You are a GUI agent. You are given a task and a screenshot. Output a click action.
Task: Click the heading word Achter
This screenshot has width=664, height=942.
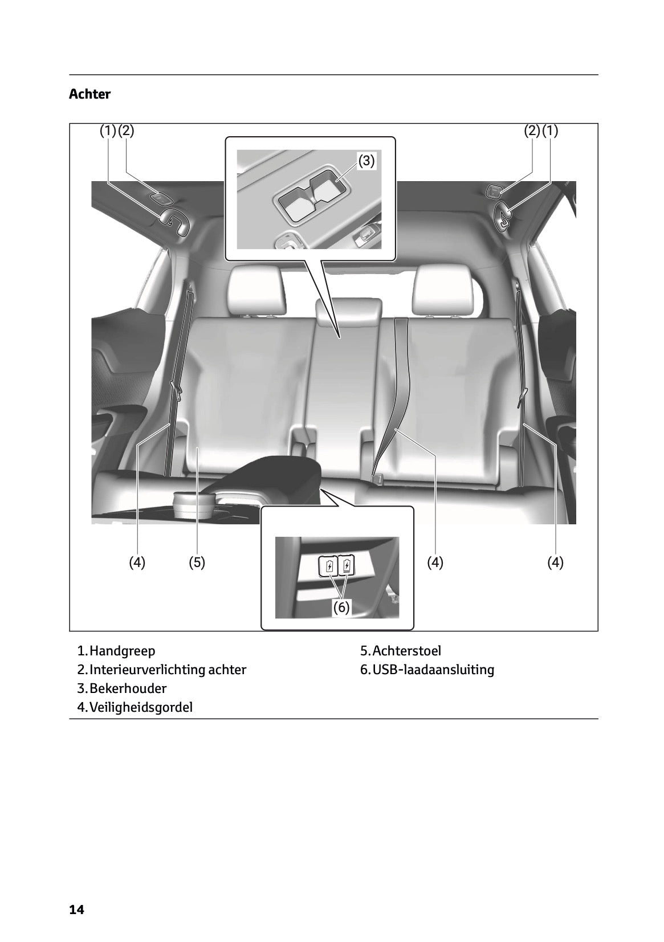pos(89,94)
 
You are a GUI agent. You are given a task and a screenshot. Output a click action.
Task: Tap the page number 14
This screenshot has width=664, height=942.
pos(76,910)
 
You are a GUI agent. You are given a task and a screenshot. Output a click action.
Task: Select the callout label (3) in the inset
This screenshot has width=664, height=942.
pos(366,161)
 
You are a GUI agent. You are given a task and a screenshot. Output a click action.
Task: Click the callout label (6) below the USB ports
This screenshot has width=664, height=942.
pos(341,607)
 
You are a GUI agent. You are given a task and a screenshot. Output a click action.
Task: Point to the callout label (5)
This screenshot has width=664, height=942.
pos(197,562)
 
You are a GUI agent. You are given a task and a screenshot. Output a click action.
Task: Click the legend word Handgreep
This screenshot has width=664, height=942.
pos(122,650)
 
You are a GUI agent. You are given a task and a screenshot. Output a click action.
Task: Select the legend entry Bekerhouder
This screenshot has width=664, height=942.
pos(128,688)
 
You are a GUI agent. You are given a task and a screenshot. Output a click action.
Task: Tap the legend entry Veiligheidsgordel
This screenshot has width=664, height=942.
pos(141,707)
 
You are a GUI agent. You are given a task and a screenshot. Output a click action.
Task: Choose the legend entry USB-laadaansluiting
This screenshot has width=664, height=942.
pos(433,669)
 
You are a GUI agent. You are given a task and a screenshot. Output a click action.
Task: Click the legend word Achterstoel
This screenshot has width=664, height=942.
pos(406,650)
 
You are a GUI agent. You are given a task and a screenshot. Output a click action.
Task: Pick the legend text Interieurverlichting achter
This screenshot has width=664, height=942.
pos(168,669)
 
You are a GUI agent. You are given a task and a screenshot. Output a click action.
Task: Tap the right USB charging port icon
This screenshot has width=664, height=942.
pos(347,566)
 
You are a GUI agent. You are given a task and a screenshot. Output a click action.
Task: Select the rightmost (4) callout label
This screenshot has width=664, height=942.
pos(555,562)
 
